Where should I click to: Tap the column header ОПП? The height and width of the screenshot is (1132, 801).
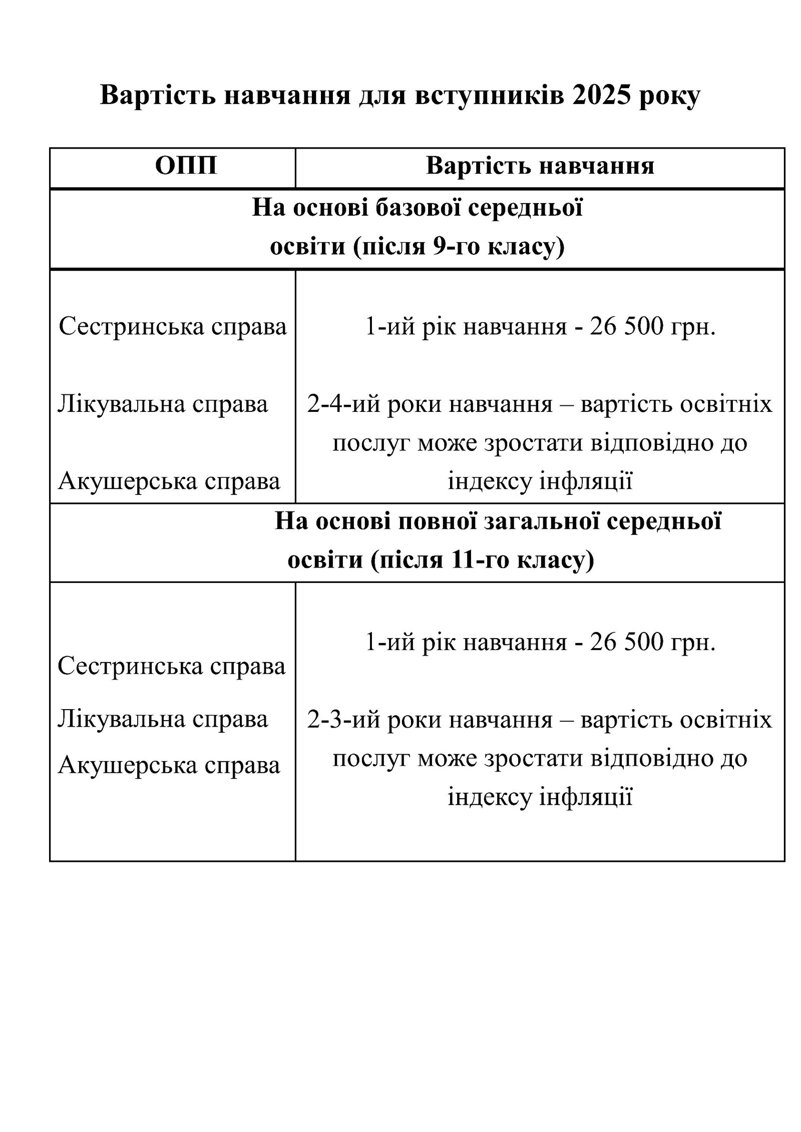(x=186, y=166)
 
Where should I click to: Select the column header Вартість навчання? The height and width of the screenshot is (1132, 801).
(x=540, y=166)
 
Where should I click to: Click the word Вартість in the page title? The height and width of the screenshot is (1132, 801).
(x=157, y=95)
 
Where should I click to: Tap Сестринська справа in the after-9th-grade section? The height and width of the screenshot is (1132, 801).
(x=173, y=327)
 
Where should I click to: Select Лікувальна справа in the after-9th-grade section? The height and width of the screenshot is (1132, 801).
(x=163, y=403)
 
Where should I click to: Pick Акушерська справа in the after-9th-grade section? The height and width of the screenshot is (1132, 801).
(x=169, y=481)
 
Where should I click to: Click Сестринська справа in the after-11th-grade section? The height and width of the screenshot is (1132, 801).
(x=172, y=666)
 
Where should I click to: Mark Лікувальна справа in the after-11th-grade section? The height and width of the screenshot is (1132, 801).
(x=163, y=719)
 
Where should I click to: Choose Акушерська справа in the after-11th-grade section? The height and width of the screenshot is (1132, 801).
(x=169, y=765)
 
